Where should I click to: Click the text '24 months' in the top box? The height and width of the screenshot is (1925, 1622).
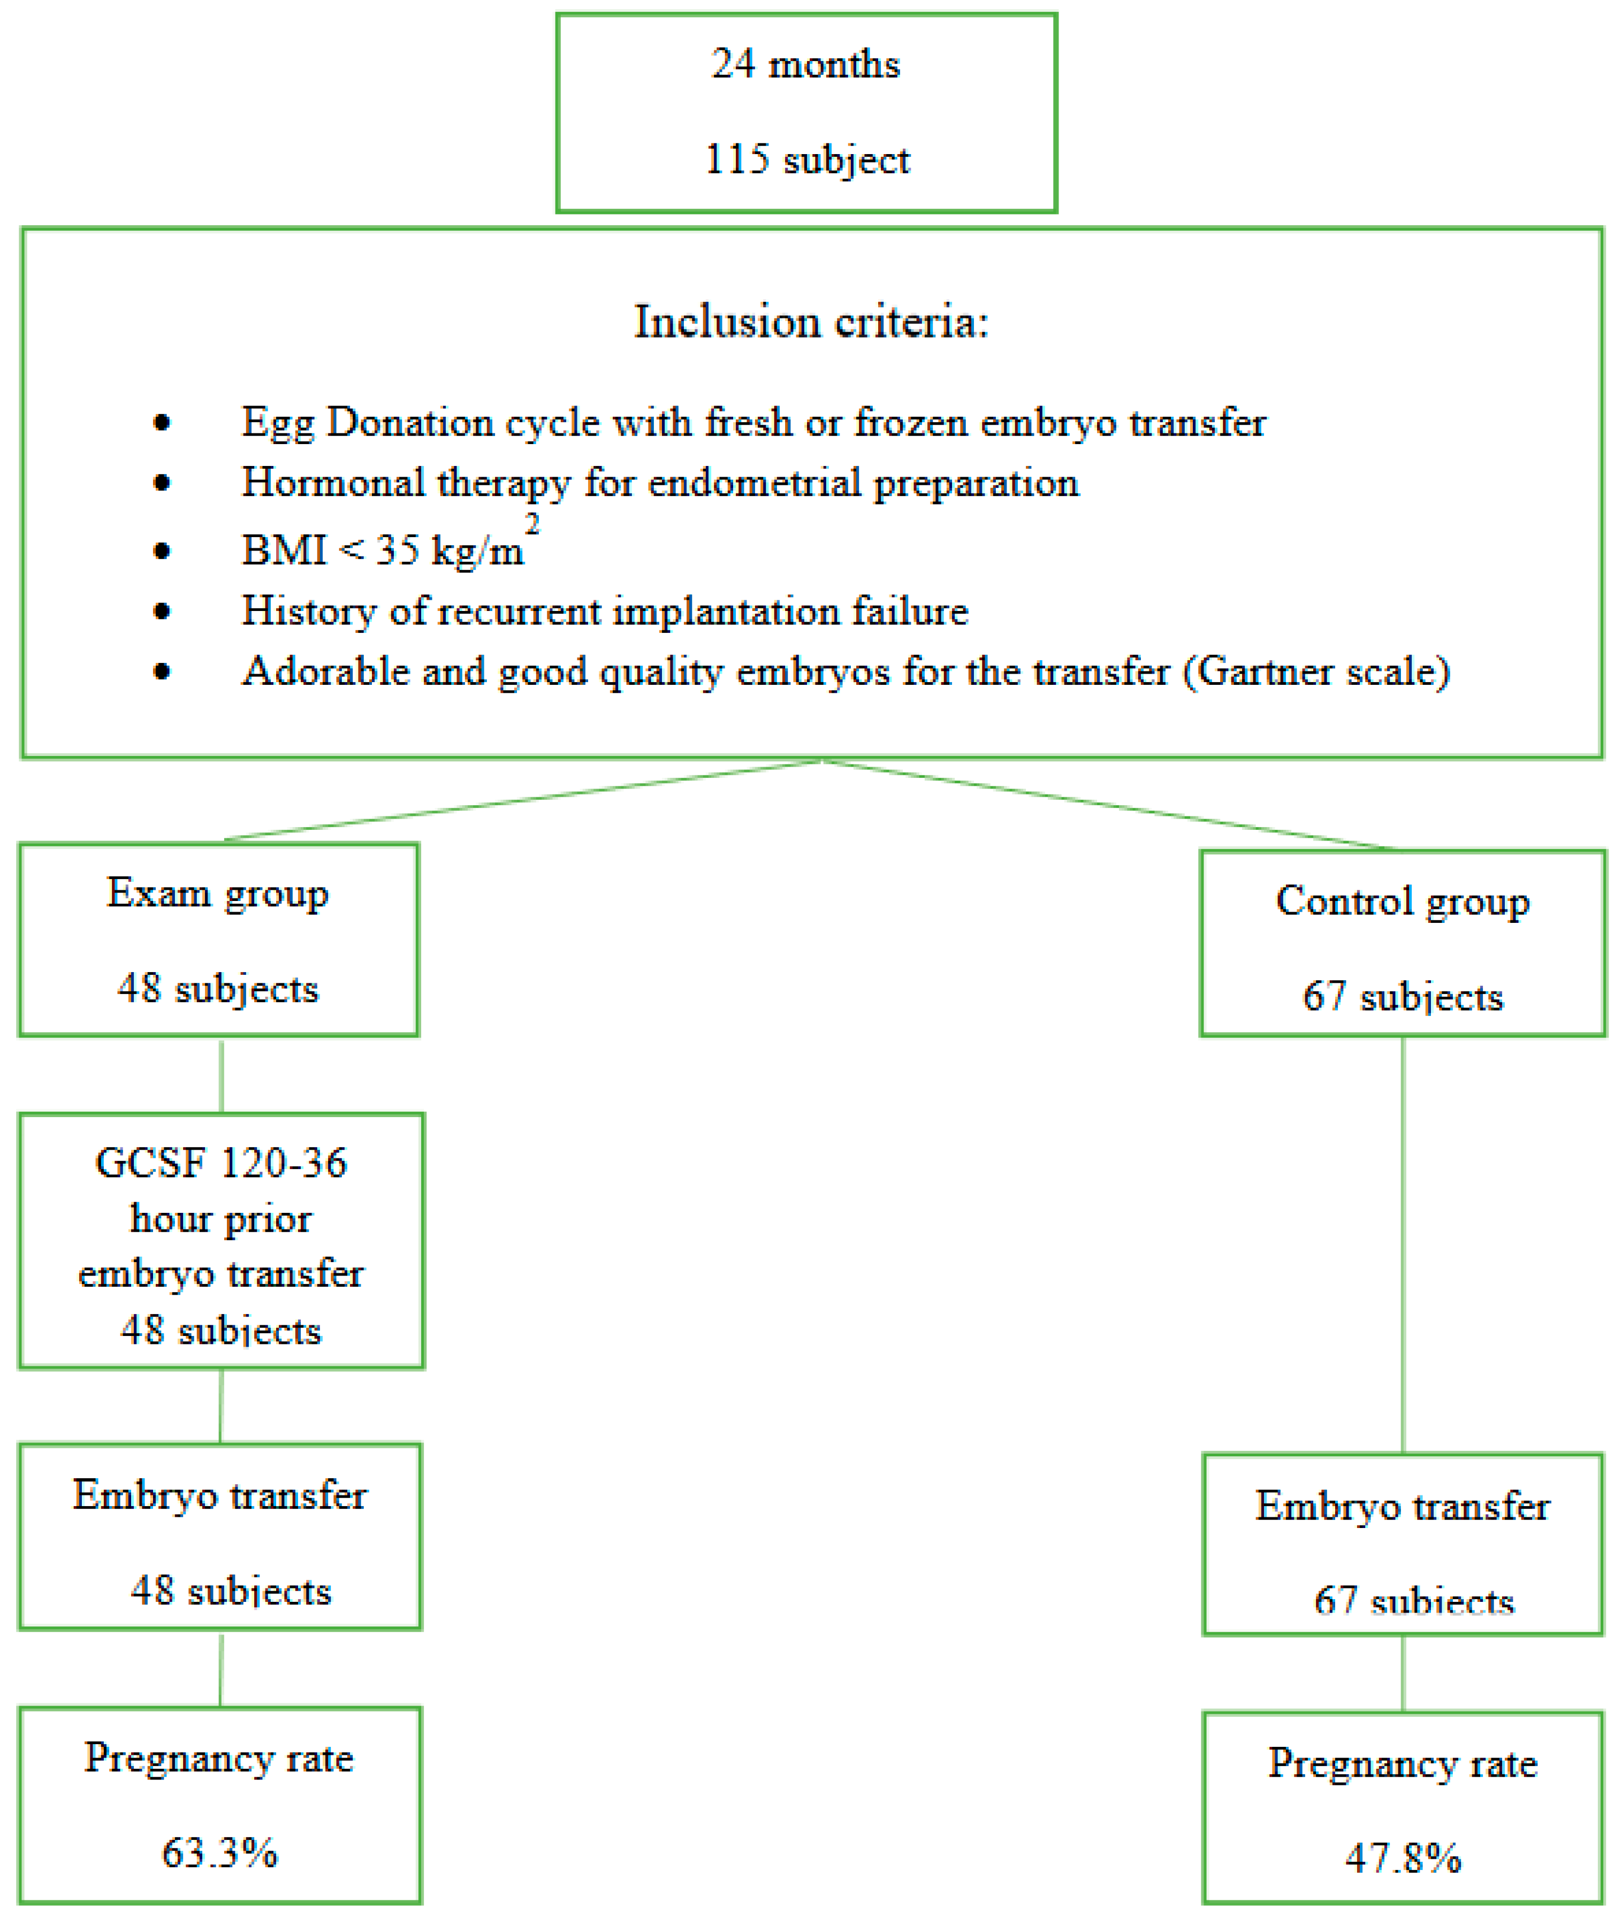tap(805, 64)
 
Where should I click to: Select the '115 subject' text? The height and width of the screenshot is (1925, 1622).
tap(806, 160)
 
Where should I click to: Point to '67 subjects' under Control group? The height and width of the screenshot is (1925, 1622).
tap(1402, 997)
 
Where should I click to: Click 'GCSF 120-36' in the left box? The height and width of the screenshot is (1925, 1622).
tap(220, 1163)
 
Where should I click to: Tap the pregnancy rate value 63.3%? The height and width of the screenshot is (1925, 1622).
tap(220, 1852)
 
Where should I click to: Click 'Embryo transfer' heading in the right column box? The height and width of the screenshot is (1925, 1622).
tap(1402, 1506)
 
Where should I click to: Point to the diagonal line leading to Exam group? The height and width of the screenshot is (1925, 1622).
tap(524, 800)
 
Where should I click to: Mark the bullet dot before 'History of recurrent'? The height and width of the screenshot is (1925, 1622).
tap(162, 612)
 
